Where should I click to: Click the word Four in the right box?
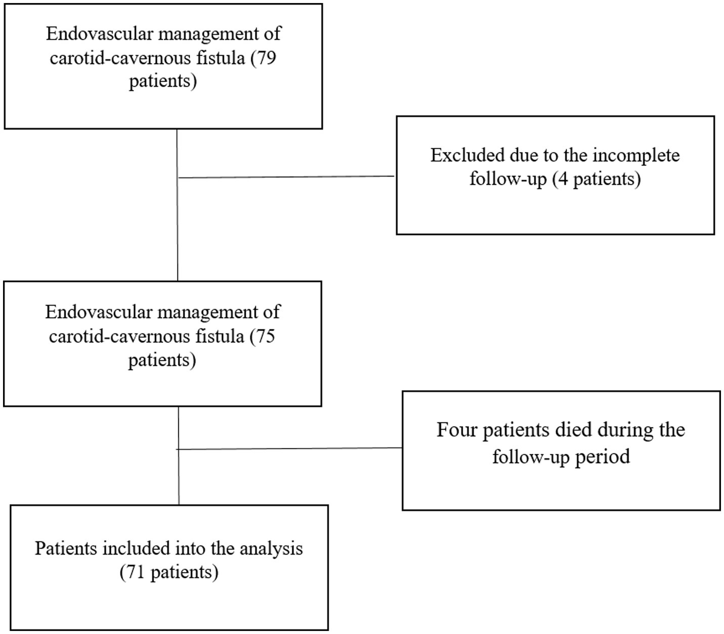(x=457, y=430)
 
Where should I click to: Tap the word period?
(x=605, y=456)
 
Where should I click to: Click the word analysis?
(x=271, y=548)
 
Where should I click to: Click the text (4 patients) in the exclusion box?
(x=596, y=179)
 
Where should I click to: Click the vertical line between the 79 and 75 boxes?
(x=177, y=228)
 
